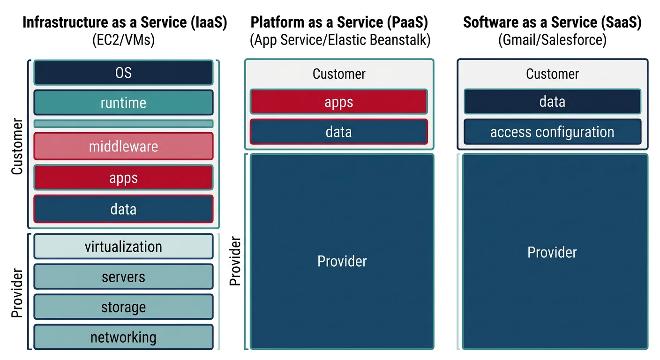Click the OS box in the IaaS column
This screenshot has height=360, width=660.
123,73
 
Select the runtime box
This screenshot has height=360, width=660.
123,103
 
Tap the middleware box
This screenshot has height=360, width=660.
123,146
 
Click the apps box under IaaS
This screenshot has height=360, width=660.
123,178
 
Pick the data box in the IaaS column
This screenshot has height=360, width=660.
123,209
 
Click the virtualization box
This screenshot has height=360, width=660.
123,247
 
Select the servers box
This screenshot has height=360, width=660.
123,277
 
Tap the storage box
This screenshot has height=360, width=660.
123,307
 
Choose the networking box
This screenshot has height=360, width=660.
123,337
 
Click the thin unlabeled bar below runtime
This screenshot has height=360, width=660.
123,124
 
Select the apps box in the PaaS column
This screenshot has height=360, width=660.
338,102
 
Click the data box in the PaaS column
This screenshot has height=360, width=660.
338,132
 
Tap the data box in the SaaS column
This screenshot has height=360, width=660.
552,102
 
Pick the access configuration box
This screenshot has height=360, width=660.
552,132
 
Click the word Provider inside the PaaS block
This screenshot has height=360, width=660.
342,261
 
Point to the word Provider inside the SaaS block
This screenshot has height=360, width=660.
552,252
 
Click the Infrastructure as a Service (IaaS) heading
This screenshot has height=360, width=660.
125,22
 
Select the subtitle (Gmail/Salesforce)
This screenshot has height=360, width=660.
552,40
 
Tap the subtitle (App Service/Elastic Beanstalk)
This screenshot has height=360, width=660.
340,40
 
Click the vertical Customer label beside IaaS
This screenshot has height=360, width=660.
17,147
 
